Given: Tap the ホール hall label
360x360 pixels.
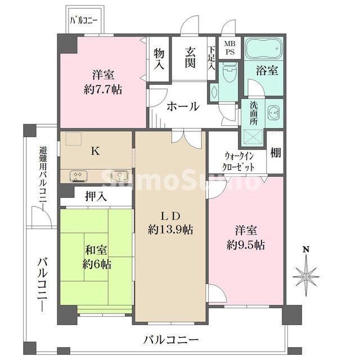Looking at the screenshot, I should [183, 105].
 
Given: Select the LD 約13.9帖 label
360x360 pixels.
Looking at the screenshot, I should [171, 223].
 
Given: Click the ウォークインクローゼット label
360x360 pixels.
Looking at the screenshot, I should [240, 162].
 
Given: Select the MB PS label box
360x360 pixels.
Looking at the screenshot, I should [230, 48].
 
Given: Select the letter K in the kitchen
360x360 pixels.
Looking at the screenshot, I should [96, 151].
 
